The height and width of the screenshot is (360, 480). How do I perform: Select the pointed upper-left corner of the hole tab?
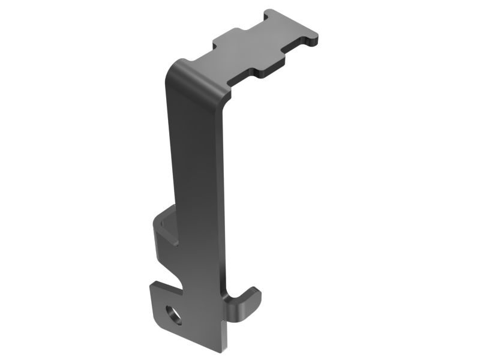152,285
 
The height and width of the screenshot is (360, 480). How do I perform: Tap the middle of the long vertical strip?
195,180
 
